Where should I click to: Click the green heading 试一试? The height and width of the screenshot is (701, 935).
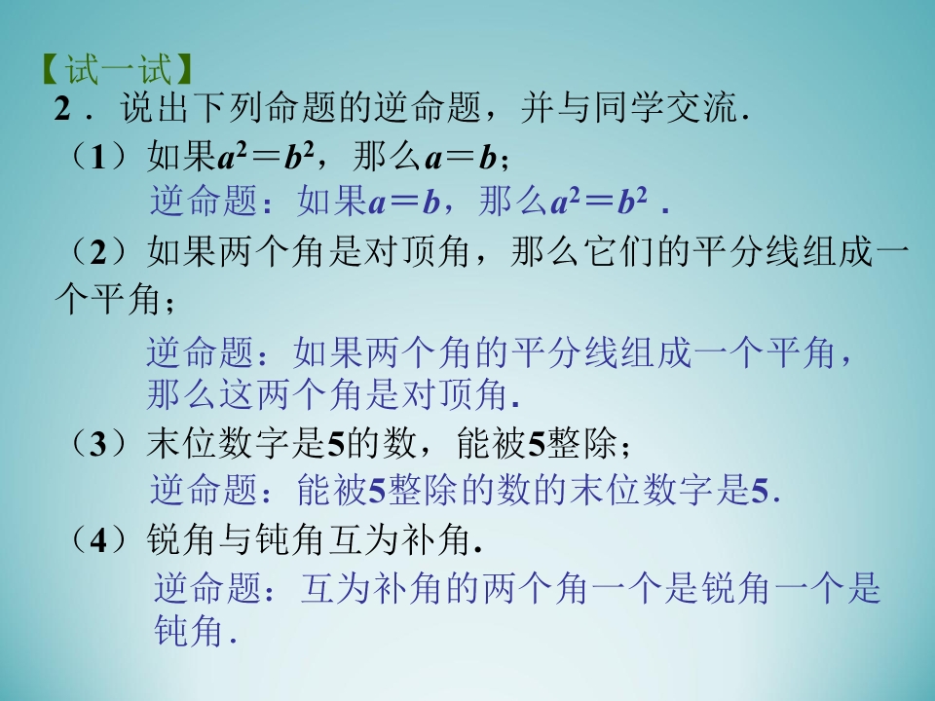click(x=116, y=71)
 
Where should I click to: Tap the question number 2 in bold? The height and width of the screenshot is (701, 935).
click(x=64, y=110)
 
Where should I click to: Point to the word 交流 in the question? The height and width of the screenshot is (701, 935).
click(x=693, y=110)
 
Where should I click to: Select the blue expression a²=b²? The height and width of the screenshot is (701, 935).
click(x=599, y=202)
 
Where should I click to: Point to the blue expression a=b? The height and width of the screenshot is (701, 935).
click(x=406, y=202)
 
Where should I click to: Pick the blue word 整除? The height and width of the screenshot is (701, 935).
click(x=425, y=491)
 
